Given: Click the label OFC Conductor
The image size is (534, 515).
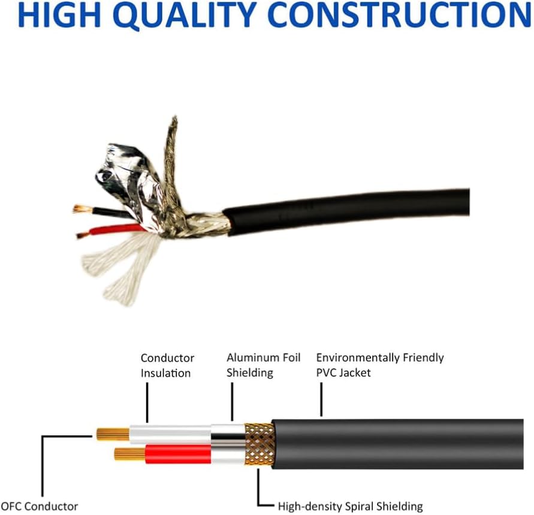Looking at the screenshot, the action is [x=40, y=507].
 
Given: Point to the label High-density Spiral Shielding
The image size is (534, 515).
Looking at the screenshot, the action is [x=350, y=507].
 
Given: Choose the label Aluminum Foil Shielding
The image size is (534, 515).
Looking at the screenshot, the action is [x=263, y=365].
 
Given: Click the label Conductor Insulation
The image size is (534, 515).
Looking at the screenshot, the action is [x=167, y=365].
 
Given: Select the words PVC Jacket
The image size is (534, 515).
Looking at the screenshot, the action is [x=343, y=373].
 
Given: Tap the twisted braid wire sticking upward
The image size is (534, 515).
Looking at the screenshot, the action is [x=172, y=144].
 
